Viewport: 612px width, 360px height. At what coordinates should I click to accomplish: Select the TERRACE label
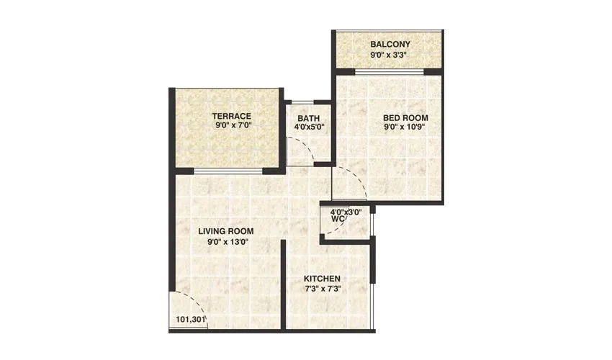click(x=231, y=115)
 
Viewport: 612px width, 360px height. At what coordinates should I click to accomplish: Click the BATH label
click(x=308, y=119)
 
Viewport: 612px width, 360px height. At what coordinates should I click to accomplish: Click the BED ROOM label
click(x=406, y=117)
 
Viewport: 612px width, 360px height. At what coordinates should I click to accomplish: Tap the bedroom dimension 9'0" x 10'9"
click(x=405, y=127)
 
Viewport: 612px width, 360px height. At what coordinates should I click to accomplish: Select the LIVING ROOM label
click(x=226, y=231)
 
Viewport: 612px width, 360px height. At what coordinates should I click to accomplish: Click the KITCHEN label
click(x=322, y=279)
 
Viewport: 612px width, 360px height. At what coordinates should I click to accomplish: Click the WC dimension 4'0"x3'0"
click(x=346, y=212)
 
